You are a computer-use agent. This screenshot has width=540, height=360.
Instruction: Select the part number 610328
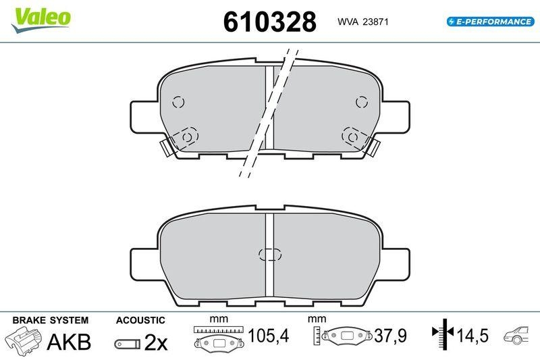(x=269, y=22)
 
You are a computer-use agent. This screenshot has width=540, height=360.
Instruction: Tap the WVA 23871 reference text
(x=361, y=22)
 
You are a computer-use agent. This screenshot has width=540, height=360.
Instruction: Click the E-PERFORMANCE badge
(x=490, y=22)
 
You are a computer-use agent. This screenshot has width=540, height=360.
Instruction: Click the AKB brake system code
(x=68, y=342)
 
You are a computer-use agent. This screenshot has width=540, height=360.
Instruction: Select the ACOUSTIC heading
(x=140, y=319)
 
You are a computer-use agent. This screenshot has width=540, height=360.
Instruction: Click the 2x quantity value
(x=156, y=342)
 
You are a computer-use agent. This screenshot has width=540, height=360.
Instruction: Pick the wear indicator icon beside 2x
(x=127, y=344)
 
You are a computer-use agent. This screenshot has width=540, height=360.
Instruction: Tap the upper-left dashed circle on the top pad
(x=178, y=103)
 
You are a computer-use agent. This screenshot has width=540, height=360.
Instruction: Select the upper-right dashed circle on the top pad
(x=361, y=103)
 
